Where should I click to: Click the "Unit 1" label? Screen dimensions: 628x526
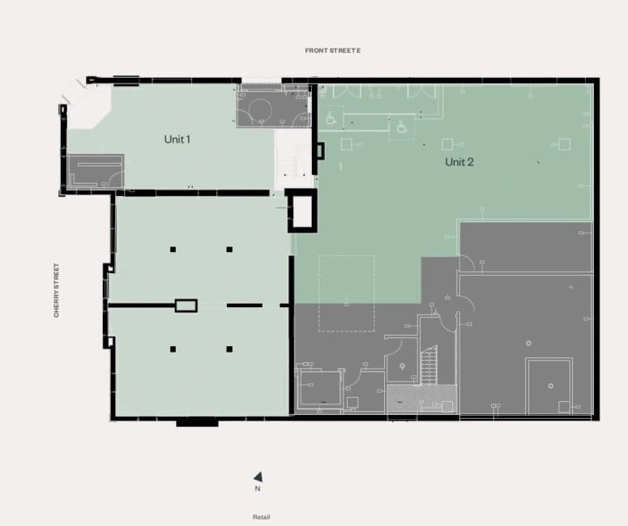click(x=177, y=139)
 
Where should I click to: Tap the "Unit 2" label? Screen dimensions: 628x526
click(x=459, y=162)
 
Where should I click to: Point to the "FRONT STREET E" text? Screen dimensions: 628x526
click(x=333, y=50)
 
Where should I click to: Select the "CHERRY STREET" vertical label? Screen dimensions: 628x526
click(x=56, y=290)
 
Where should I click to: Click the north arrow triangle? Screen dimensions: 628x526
click(x=258, y=477)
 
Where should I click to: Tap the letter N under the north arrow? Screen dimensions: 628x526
click(x=258, y=489)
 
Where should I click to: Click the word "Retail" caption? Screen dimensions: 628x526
click(x=261, y=517)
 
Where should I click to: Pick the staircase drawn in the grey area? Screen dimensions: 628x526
click(x=429, y=365)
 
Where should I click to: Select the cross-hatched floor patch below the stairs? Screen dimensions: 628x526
click(x=421, y=398)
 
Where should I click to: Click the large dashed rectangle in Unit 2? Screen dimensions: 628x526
click(x=347, y=255)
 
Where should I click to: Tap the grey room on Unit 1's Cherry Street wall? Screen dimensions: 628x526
click(x=95, y=171)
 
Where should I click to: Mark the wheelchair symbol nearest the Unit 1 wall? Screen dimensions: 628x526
click(x=331, y=118)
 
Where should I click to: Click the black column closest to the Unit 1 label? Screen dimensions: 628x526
click(x=173, y=250)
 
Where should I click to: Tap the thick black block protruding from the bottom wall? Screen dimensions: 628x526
click(x=198, y=421)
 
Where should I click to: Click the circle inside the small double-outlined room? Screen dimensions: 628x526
click(x=551, y=386)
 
